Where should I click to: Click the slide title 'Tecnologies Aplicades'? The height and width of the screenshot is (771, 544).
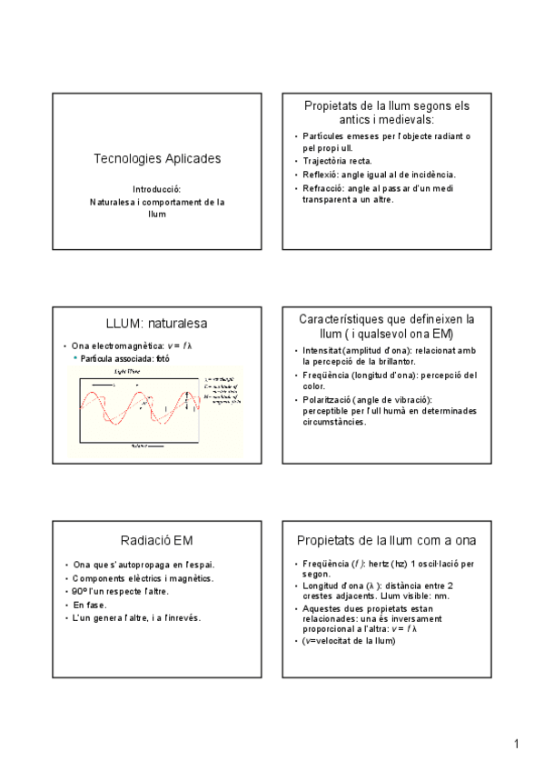[157, 158]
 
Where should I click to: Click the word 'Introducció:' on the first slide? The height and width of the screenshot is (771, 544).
[157, 189]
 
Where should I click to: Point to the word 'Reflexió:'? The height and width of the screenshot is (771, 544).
[321, 174]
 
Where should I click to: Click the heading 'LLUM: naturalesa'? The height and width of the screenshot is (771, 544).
[156, 324]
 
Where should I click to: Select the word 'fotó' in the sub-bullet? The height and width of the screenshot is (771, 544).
[162, 358]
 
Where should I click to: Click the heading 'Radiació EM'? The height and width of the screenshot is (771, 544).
[157, 541]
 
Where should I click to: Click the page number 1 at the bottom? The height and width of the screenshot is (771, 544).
[516, 745]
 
